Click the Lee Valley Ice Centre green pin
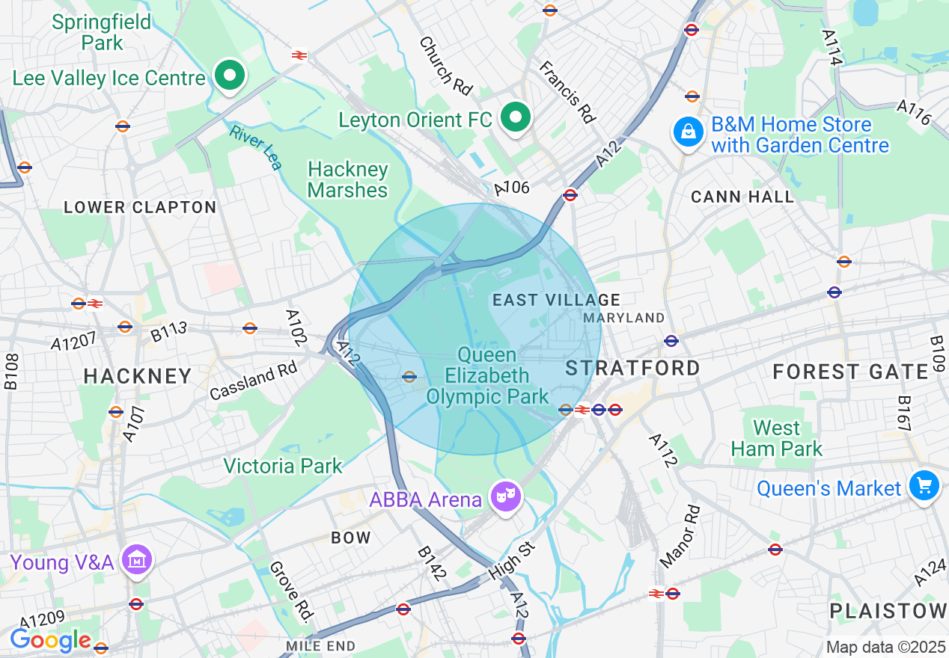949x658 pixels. point(231,76)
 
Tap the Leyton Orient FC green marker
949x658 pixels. point(515,117)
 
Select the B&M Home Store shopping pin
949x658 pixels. point(687,133)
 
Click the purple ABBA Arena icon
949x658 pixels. point(506,496)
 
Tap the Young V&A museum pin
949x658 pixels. point(137,559)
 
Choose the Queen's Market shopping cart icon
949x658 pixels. point(924,487)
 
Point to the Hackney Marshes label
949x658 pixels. point(347,179)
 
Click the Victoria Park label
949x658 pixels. point(283,466)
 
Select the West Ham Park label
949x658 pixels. point(776,438)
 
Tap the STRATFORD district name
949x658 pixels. point(632,368)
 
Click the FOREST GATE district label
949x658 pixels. point(850,372)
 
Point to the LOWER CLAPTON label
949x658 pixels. point(140,207)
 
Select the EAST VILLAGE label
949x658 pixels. point(556,300)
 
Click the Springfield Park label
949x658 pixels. point(102,31)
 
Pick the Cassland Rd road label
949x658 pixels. point(253,381)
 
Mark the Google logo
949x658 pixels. point(50,640)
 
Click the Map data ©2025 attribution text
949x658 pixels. point(885,647)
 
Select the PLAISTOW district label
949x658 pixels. point(888,611)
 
